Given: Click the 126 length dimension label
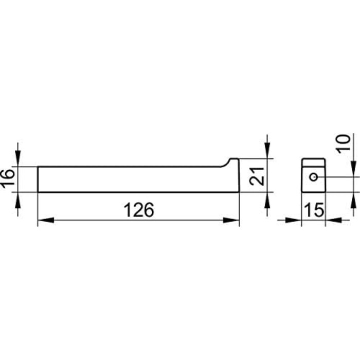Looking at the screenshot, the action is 139,210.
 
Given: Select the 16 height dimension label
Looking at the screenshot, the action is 8,178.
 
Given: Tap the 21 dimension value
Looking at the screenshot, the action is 257,176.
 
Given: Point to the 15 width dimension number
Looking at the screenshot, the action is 314,210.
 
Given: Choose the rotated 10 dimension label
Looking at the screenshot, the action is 343,144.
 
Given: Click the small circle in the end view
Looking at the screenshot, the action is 314,177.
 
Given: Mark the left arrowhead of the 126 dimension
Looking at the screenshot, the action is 46,220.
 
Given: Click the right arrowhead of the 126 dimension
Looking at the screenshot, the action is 231,220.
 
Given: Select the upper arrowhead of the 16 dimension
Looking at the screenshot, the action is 18,158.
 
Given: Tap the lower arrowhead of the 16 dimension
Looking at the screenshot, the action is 18,200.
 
